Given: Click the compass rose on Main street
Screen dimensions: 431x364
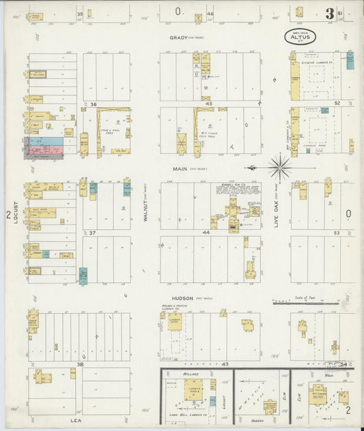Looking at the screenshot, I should (x=279, y=167).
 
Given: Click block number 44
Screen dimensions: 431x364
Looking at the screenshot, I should (x=207, y=233).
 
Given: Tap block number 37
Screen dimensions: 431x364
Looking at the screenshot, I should (x=93, y=233).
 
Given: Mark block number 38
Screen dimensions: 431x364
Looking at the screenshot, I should (x=80, y=365).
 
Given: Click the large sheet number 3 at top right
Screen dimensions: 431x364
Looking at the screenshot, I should (x=330, y=14).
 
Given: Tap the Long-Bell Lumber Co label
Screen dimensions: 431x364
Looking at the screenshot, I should (x=183, y=413).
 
